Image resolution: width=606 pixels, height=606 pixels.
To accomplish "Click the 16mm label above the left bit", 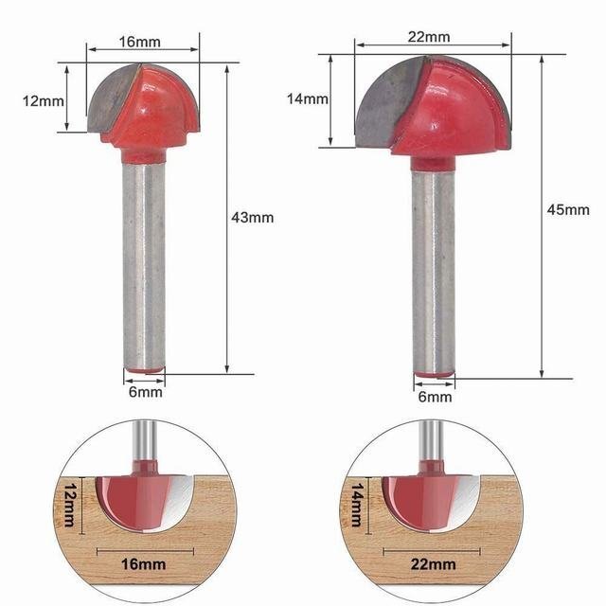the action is pyautogui.click(x=139, y=42).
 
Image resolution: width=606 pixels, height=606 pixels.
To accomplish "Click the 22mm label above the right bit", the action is pyautogui.click(x=429, y=37).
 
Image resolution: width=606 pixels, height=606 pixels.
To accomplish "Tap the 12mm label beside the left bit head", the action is pyautogui.click(x=44, y=101).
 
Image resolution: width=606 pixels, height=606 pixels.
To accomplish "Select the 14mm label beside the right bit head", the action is pyautogui.click(x=307, y=98).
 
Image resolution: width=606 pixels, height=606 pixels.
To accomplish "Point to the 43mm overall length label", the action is pyautogui.click(x=253, y=218).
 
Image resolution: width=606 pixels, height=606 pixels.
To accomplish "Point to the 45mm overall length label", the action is pyautogui.click(x=568, y=210).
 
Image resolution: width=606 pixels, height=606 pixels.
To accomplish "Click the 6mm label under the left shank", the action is pyautogui.click(x=145, y=392).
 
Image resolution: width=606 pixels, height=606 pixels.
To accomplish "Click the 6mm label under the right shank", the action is pyautogui.click(x=435, y=397).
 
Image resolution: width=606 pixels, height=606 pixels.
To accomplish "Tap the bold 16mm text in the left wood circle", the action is pyautogui.click(x=143, y=564).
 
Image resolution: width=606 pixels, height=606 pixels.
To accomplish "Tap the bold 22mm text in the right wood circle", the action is pyautogui.click(x=433, y=564).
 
